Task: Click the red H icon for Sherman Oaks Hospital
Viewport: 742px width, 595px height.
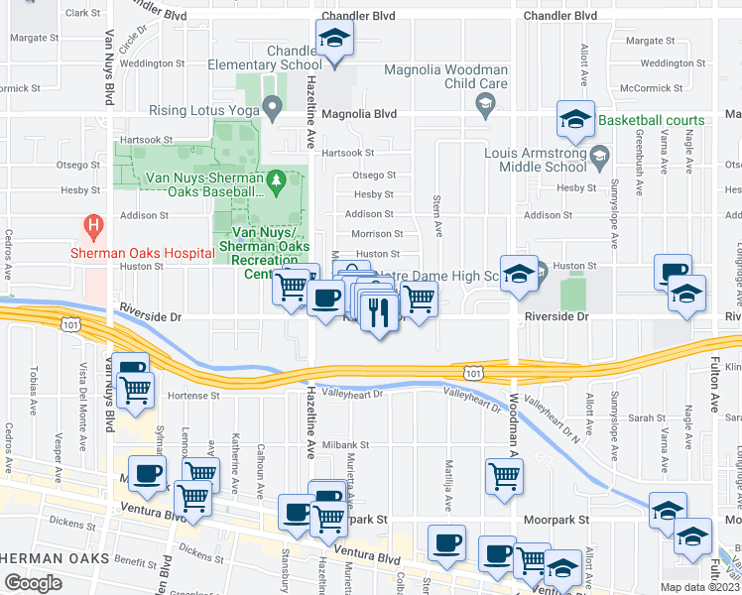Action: click(94, 227)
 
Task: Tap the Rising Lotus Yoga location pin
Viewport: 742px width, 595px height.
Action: click(273, 109)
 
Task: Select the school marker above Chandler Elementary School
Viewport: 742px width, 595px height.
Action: click(335, 42)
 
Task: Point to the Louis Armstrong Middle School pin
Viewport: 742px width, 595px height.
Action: click(599, 156)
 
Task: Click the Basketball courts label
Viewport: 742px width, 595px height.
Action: click(651, 120)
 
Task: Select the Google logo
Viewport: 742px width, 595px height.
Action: click(33, 583)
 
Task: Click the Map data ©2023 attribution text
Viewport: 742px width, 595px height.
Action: click(699, 587)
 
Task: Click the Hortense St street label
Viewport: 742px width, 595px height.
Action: click(193, 396)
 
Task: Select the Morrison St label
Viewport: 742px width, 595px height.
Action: click(378, 234)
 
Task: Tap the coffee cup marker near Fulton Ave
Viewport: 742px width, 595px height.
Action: click(674, 272)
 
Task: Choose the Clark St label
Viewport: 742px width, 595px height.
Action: click(83, 14)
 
